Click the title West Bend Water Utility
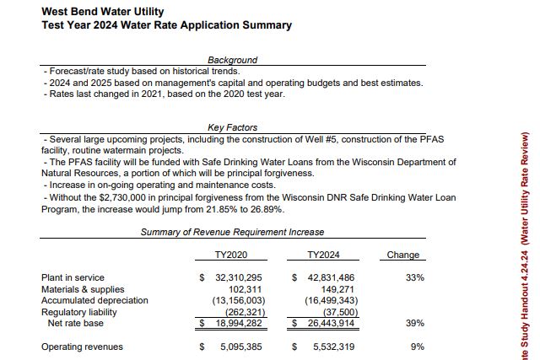click(103, 11)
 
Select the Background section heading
click(233, 60)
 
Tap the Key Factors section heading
click(233, 127)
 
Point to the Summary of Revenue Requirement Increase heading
click(233, 232)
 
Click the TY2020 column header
click(231, 255)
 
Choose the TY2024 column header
click(323, 255)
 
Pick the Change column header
click(403, 255)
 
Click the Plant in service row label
click(73, 277)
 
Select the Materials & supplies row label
click(83, 289)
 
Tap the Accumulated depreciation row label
click(94, 300)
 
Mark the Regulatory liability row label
click(78, 312)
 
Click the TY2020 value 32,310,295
click(239, 277)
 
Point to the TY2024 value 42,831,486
click(331, 277)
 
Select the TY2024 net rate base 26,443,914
click(331, 323)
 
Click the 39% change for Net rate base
click(415, 323)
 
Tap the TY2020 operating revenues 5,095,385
click(241, 347)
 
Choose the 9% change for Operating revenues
click(418, 347)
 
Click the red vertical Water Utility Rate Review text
click(525, 188)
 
